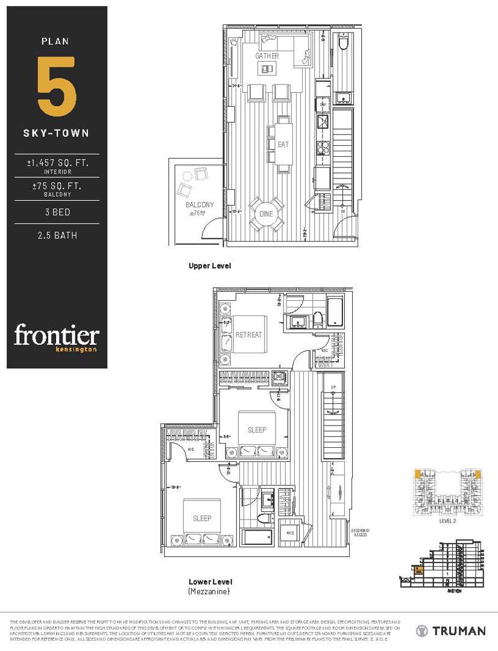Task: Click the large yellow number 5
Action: point(57,86)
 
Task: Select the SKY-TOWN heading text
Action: point(57,133)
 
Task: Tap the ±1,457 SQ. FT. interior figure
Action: point(57,162)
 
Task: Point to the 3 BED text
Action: point(57,212)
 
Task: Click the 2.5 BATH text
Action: point(57,236)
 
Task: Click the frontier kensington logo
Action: point(57,338)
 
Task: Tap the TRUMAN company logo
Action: point(451,631)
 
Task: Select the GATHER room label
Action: point(266,56)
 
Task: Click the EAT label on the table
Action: point(283,145)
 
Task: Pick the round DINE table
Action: point(266,215)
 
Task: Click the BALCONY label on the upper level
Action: point(200,205)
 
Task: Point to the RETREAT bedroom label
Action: point(248,335)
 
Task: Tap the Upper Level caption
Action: point(209,266)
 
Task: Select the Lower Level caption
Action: point(210,582)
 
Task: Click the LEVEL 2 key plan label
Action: point(447,521)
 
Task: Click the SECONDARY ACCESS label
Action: point(359,532)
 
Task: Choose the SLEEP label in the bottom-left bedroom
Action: point(202,518)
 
